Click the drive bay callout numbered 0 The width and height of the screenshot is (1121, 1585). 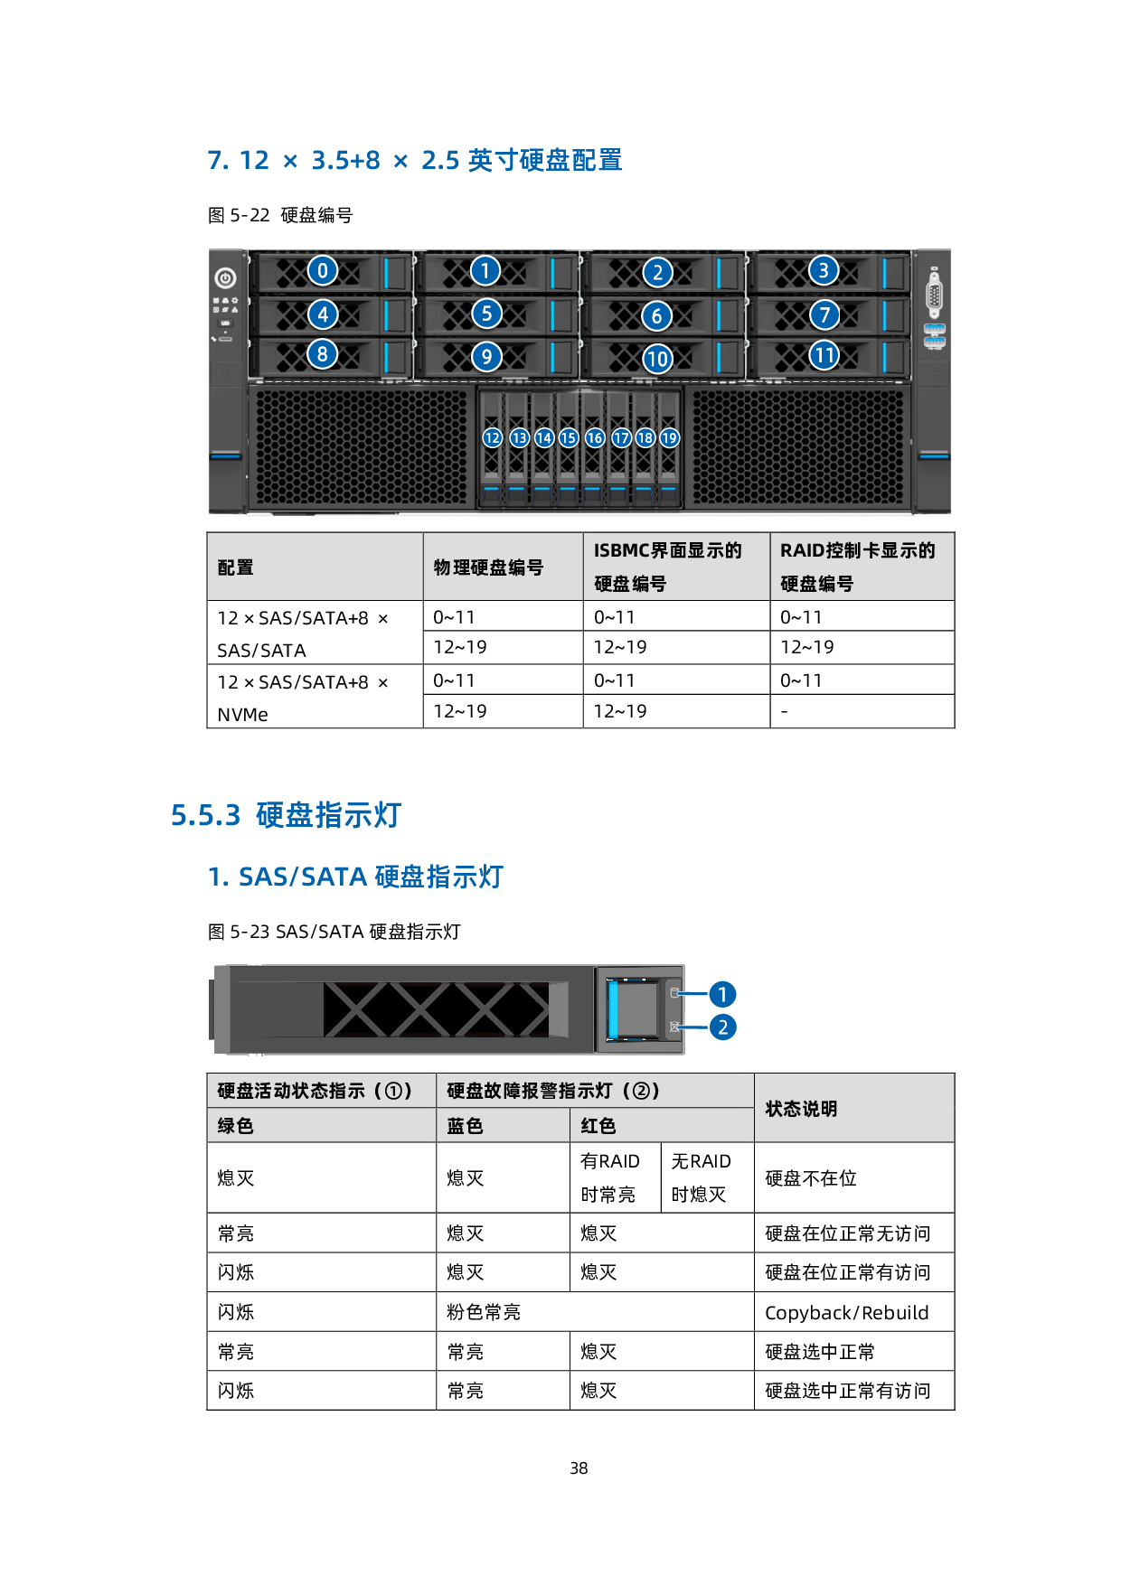tap(323, 270)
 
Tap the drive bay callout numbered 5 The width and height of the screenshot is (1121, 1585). tap(486, 314)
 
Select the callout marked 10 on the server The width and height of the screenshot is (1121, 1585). tap(657, 359)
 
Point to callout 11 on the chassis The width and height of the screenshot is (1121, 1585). tap(824, 355)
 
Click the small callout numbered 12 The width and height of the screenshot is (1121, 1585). tap(492, 438)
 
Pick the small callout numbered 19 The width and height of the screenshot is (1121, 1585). tap(669, 438)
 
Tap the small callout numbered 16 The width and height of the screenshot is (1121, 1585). tap(594, 438)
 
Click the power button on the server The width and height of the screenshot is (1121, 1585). tap(225, 278)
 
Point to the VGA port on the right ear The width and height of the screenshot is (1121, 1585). tap(934, 295)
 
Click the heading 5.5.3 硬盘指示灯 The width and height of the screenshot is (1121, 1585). tap(286, 815)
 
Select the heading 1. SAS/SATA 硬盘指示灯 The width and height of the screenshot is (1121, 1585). tap(355, 877)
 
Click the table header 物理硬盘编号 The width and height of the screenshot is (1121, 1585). tap(488, 567)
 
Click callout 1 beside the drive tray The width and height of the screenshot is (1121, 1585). tap(722, 994)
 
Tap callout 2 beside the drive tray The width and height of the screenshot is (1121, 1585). tap(722, 1027)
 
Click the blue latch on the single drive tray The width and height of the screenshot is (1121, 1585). tap(613, 1009)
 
